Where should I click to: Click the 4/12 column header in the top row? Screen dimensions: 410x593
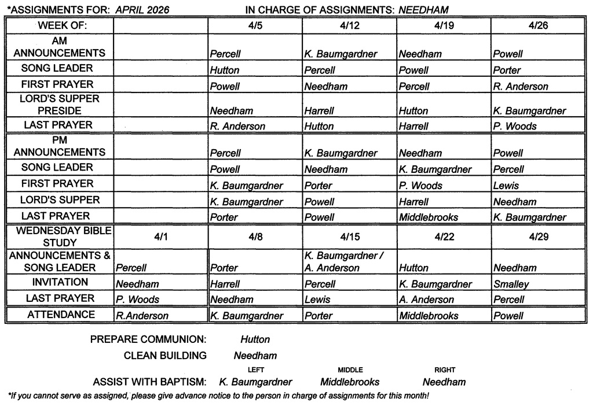[x=349, y=26]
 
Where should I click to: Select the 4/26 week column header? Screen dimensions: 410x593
[x=538, y=26]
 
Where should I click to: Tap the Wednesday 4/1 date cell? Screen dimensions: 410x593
[x=160, y=237]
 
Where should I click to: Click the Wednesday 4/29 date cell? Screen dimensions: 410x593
[x=538, y=237]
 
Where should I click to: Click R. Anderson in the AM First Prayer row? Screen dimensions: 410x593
[x=520, y=86]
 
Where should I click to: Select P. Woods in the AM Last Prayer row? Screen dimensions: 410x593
[x=515, y=126]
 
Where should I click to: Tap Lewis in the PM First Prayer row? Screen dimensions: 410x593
[x=506, y=186]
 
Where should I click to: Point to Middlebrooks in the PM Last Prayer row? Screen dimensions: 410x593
[x=429, y=217]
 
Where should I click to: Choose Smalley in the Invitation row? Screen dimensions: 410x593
[x=511, y=284]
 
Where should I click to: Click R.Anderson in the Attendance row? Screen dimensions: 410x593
[x=142, y=316]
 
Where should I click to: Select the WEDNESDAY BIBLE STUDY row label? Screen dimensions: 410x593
[x=60, y=237]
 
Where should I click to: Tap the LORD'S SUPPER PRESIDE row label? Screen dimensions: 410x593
[x=60, y=105]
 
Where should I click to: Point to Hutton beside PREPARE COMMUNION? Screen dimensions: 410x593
[x=255, y=339]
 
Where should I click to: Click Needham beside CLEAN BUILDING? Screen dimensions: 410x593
[x=255, y=356]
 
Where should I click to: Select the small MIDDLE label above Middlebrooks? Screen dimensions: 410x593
[x=350, y=370]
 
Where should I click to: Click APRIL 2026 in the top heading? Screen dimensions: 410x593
[x=142, y=10]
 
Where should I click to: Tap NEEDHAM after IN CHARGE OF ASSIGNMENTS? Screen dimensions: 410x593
[x=423, y=10]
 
